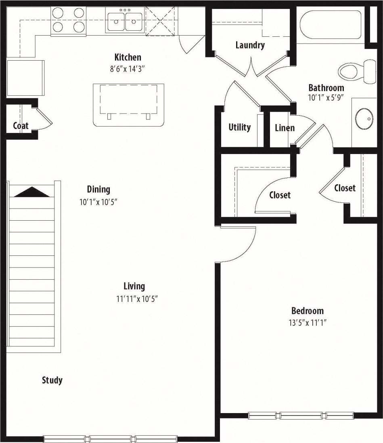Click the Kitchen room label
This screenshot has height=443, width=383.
pyautogui.click(x=128, y=57)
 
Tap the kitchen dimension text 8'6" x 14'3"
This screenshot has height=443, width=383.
pyautogui.click(x=128, y=69)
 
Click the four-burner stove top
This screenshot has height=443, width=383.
pyautogui.click(x=68, y=20)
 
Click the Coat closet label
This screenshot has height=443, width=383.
pyautogui.click(x=21, y=126)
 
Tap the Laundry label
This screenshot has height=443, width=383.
pyautogui.click(x=250, y=45)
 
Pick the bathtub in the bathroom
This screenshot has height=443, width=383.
pyautogui.click(x=331, y=25)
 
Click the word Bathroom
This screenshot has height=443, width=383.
pyautogui.click(x=326, y=88)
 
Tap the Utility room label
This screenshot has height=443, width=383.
pyautogui.click(x=239, y=127)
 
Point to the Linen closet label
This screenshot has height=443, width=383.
pyautogui.click(x=285, y=128)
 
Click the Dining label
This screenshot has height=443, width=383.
pyautogui.click(x=98, y=189)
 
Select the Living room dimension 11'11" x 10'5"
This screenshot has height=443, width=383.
pyautogui.click(x=134, y=299)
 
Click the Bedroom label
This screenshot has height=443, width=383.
pyautogui.click(x=307, y=311)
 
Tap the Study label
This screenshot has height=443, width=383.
pyautogui.click(x=52, y=380)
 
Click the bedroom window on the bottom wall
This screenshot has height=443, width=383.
pyautogui.click(x=301, y=416)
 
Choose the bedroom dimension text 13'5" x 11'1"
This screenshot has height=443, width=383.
pyautogui.click(x=307, y=323)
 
